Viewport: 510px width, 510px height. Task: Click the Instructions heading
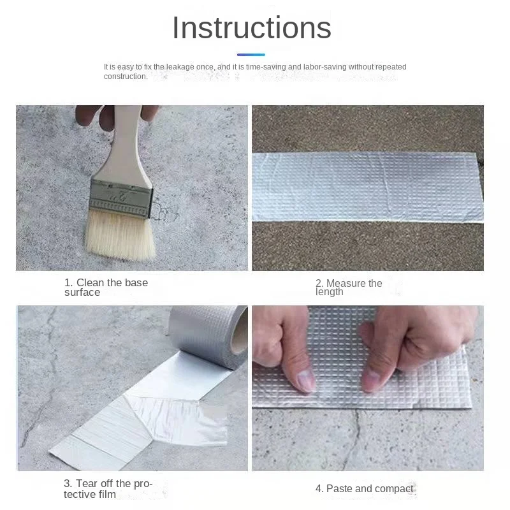coord(251,28)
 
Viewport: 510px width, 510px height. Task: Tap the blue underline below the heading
coord(251,55)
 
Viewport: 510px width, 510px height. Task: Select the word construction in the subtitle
coord(126,76)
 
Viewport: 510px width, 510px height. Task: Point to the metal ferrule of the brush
coord(121,198)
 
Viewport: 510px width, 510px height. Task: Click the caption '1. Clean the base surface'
coord(106,288)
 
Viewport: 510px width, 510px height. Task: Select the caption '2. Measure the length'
coord(349,288)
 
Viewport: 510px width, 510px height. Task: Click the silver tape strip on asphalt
coord(368,187)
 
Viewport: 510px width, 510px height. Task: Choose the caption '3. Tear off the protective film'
coord(108,488)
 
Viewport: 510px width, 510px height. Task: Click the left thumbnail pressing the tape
coord(307,380)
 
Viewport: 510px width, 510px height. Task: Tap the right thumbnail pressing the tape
coord(370,381)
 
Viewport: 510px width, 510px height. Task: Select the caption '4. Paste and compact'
coord(364,488)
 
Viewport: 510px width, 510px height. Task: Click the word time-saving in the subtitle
coord(266,67)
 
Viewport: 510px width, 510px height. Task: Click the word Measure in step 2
coord(346,283)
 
